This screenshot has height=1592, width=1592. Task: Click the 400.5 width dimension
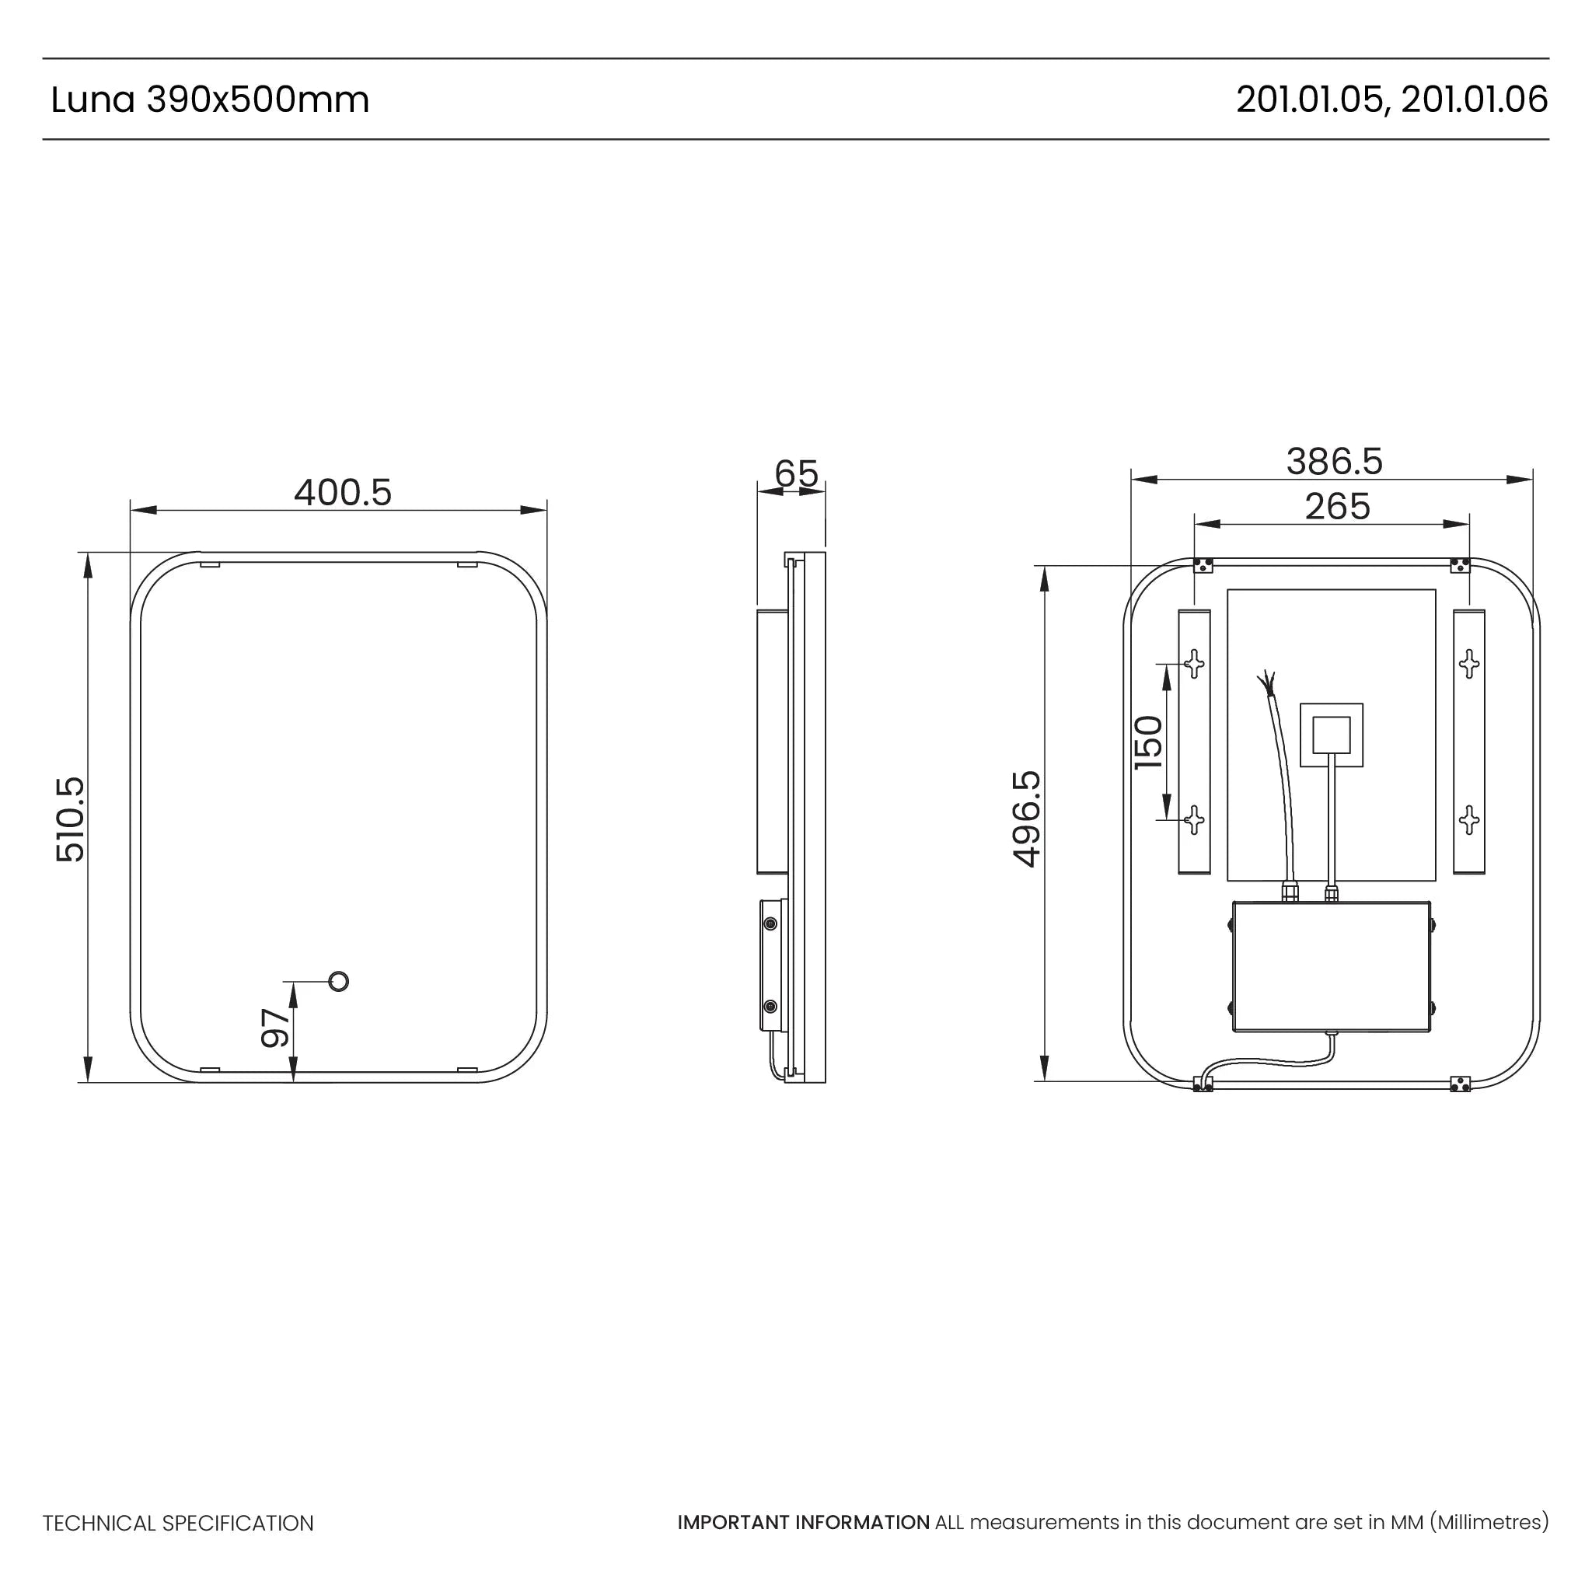(343, 494)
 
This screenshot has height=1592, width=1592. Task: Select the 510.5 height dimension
(71, 819)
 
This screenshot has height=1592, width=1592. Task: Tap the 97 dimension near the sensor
(276, 1028)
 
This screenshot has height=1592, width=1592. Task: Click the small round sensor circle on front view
(339, 982)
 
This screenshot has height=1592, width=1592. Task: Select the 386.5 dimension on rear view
(1334, 462)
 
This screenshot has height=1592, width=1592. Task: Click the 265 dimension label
(1336, 507)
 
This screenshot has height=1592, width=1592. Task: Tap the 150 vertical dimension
(1149, 742)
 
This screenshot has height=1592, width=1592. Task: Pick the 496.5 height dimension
(1027, 819)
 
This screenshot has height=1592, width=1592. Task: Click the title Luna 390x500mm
(210, 99)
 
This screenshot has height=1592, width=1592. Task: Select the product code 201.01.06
(1474, 99)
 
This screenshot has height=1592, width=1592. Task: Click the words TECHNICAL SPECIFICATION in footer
(178, 1523)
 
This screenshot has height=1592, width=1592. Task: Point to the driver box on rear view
(1332, 966)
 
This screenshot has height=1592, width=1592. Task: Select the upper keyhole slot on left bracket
(1194, 662)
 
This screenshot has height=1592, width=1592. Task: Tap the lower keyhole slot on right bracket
(1468, 820)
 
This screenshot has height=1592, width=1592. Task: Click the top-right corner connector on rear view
(1459, 565)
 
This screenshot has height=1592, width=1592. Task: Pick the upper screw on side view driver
(770, 923)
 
